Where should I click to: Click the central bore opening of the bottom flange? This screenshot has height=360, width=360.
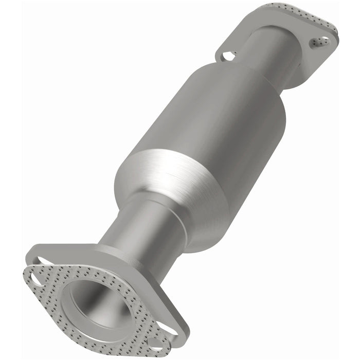(x=95, y=304)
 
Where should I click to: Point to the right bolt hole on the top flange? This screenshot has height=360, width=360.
(x=319, y=42)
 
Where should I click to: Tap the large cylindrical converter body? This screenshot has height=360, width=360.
(x=221, y=123)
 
